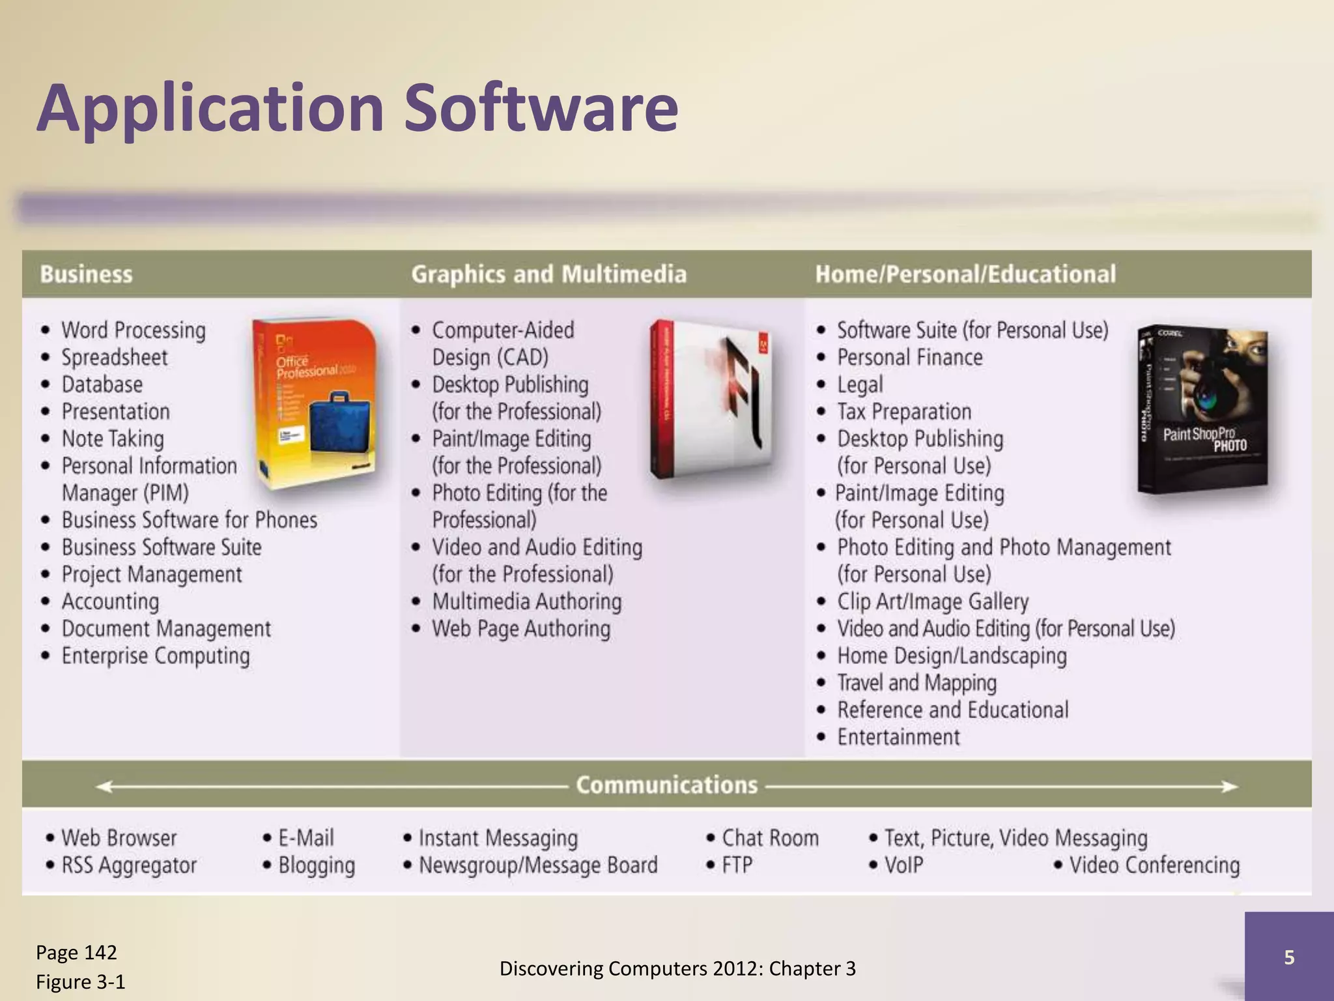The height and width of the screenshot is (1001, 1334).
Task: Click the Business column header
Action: click(86, 274)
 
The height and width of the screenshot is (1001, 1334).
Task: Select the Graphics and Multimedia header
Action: click(548, 274)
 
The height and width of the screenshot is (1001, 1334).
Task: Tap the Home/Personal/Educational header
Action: click(965, 274)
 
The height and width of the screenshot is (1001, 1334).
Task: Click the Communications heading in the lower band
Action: click(666, 785)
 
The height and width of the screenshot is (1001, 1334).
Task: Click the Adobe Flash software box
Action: click(711, 399)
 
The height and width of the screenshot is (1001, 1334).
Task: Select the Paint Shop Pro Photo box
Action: click(1203, 409)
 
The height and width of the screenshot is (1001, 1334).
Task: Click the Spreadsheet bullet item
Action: click(114, 358)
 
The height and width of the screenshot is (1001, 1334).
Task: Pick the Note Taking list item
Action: click(112, 439)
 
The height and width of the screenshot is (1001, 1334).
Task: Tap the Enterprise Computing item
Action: click(155, 656)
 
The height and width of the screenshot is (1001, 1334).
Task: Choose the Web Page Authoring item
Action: click(521, 629)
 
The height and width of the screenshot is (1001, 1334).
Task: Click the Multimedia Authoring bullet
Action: click(526, 602)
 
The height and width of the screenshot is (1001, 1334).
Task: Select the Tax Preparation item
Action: click(903, 412)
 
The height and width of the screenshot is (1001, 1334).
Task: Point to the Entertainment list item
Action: click(898, 737)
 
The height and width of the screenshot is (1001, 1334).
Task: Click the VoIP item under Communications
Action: click(903, 865)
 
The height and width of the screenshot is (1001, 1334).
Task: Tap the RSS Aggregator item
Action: click(128, 865)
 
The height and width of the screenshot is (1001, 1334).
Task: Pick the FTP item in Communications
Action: click(737, 865)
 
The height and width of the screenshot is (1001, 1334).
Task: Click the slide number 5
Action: click(1289, 957)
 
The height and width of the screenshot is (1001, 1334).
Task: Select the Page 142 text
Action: click(76, 953)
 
